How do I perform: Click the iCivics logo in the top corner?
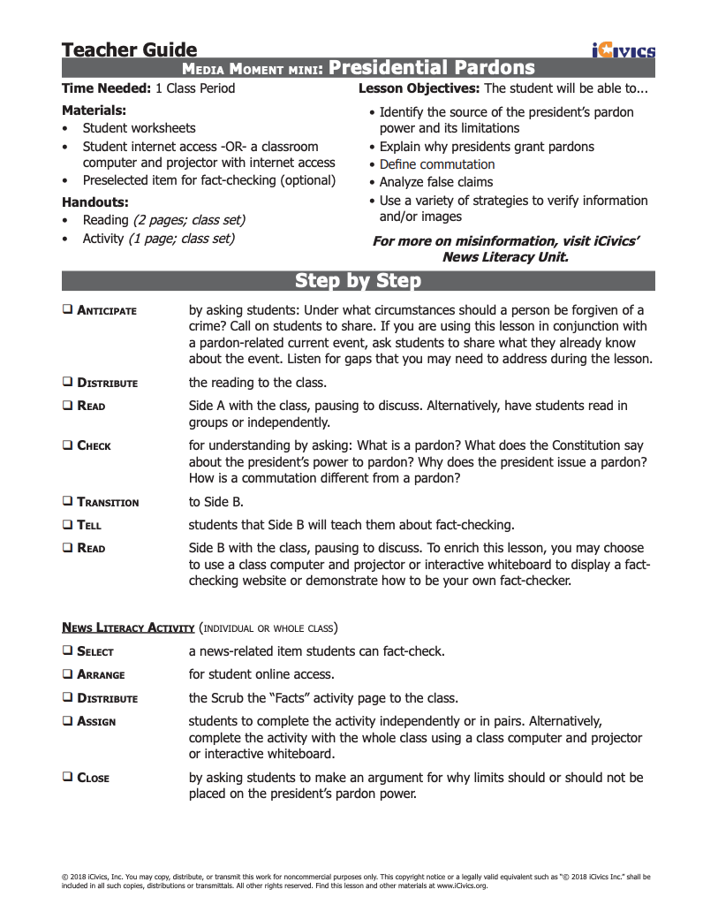tap(624, 50)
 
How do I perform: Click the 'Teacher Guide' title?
tap(129, 49)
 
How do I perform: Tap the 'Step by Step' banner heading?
tap(358, 281)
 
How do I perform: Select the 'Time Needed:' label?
tap(106, 88)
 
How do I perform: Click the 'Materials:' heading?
tap(94, 110)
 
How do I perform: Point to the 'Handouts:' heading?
tap(95, 201)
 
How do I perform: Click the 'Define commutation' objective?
tap(436, 164)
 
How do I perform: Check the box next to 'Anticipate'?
tap(67, 310)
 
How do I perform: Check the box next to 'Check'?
tap(67, 445)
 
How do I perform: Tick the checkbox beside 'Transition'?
tap(67, 502)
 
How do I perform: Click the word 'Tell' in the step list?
tap(89, 525)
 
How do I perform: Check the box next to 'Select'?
tap(67, 651)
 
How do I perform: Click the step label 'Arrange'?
tap(101, 674)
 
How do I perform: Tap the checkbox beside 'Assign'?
tap(67, 721)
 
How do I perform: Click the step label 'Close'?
tap(93, 778)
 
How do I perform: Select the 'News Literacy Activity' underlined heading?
tap(128, 628)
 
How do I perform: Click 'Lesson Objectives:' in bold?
tap(419, 88)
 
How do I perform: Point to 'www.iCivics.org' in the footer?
tap(462, 885)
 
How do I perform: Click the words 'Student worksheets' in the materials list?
tap(139, 128)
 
